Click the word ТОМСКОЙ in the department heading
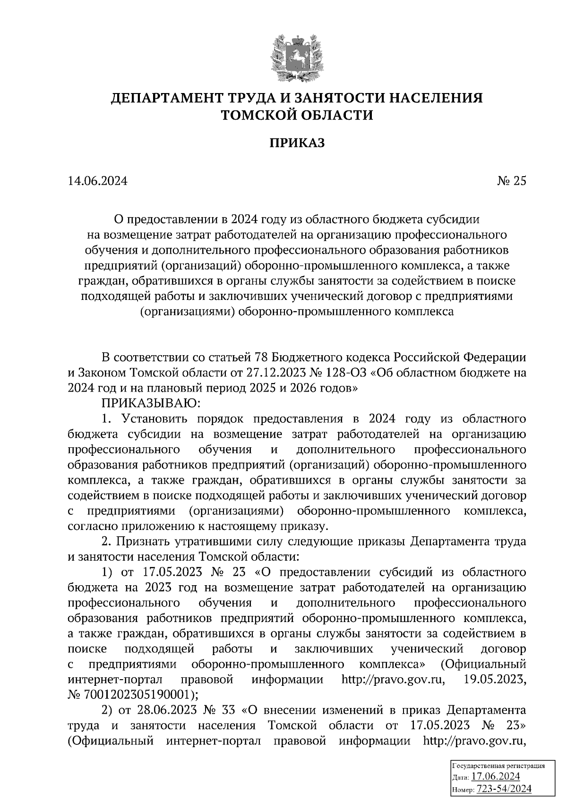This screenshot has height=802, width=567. click(259, 115)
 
